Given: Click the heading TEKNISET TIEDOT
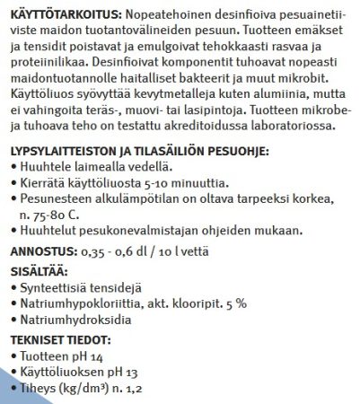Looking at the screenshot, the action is pos(60,340).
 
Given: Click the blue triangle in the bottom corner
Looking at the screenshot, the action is pos(11,391).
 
